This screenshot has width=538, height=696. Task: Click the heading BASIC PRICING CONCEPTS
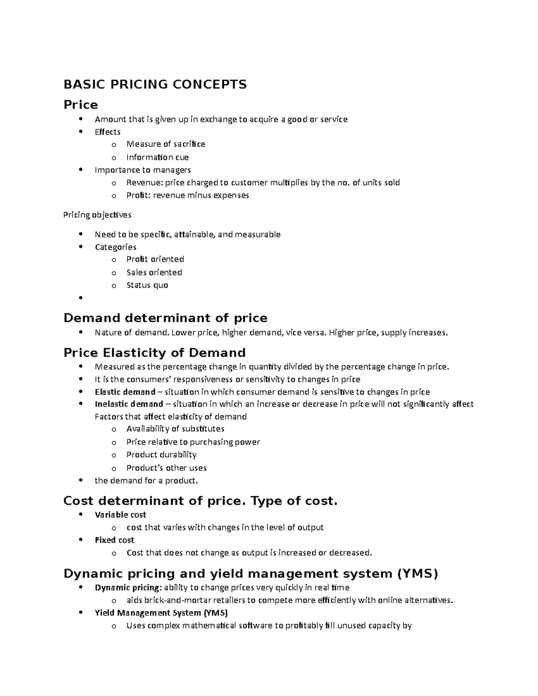pos(155,84)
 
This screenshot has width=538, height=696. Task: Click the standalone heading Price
pos(81,105)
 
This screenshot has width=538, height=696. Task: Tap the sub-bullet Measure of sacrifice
pos(165,144)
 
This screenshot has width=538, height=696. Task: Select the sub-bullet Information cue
pos(157,157)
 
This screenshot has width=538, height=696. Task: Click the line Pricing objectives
pos(97,215)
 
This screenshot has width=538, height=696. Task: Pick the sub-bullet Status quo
pos(147,285)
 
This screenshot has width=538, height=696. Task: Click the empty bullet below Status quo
pos(81,298)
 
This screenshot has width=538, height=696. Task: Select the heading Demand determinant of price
pos(165,318)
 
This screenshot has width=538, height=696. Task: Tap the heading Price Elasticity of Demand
pos(155,353)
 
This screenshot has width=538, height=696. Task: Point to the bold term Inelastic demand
pos(129,404)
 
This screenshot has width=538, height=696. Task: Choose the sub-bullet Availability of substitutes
pos(175,429)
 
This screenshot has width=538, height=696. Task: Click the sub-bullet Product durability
pos(161,454)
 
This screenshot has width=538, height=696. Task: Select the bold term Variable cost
pos(120,515)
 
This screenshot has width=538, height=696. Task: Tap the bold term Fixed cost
pos(114,540)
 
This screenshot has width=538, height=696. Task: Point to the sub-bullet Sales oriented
pos(154,272)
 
